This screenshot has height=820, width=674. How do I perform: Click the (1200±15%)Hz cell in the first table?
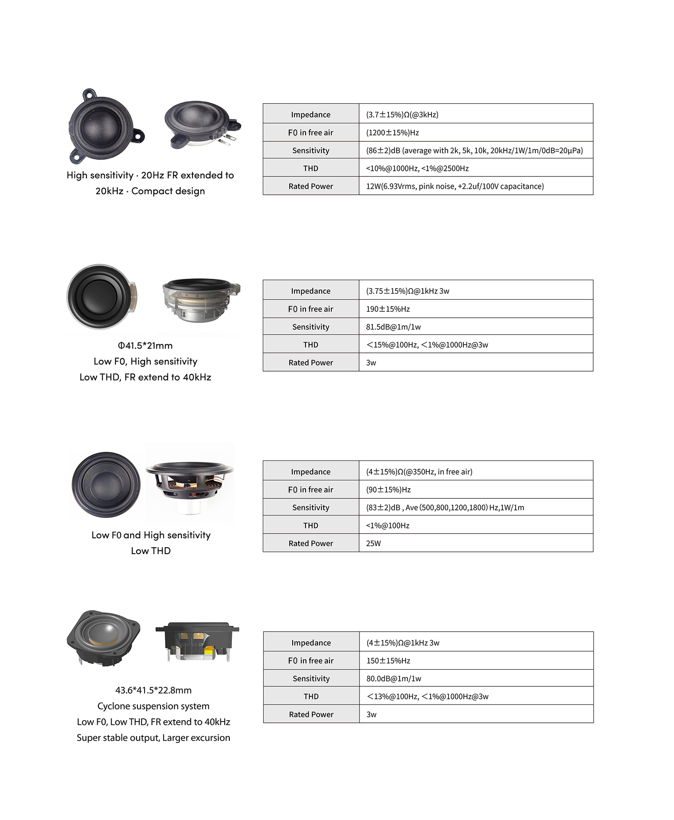[392, 133]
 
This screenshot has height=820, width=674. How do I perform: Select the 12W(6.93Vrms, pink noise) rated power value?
[455, 186]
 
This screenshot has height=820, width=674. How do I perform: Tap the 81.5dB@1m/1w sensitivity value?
[393, 327]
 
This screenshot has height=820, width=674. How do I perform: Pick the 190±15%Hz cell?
[388, 309]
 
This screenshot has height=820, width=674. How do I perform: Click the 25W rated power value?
[373, 543]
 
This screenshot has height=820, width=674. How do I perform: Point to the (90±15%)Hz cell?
[388, 490]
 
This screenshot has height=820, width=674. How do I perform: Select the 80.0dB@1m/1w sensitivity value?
[394, 679]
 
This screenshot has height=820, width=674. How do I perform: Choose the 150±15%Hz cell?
[388, 661]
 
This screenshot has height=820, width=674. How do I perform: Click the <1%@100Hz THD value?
[388, 526]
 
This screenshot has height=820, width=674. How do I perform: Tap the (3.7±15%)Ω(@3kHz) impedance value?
[402, 115]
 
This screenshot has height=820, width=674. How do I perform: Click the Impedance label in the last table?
[311, 643]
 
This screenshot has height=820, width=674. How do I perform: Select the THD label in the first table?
[311, 169]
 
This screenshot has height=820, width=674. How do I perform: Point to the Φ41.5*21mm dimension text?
[145, 346]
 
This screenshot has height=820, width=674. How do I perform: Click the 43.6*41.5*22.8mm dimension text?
[153, 690]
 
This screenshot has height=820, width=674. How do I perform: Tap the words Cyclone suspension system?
[153, 706]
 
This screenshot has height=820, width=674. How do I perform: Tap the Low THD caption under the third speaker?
[151, 551]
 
